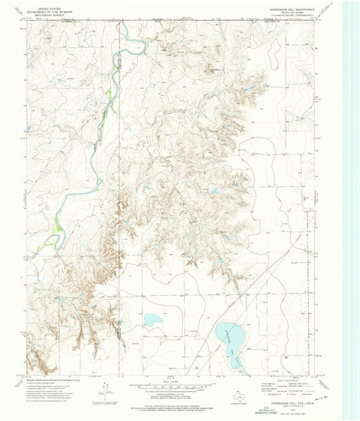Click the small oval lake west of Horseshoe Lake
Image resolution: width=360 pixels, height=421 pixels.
coord(152,319)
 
